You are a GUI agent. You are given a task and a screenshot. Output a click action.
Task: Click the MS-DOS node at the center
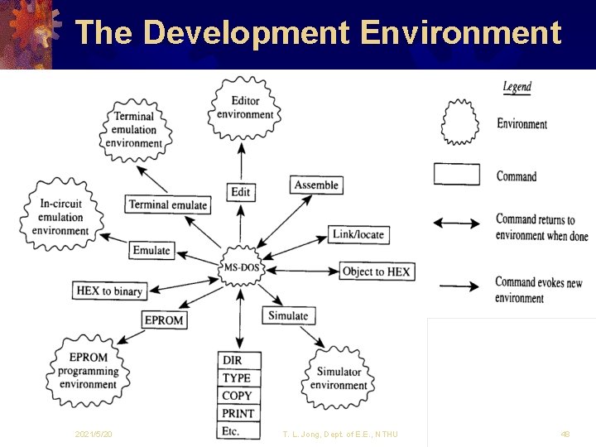(241, 267)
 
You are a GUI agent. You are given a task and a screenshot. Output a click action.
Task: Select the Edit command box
(240, 192)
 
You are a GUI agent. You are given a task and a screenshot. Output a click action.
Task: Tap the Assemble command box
(316, 185)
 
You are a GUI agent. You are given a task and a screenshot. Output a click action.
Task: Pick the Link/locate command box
(358, 234)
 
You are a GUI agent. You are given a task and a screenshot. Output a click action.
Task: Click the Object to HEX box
(376, 272)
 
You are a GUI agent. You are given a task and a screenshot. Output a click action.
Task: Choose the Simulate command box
(288, 315)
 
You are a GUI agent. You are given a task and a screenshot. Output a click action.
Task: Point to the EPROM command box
(164, 320)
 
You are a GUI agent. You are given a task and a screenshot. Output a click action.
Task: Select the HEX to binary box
(110, 291)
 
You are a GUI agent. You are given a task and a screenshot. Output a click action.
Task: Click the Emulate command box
(151, 250)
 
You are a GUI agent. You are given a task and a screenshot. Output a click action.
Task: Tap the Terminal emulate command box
(168, 204)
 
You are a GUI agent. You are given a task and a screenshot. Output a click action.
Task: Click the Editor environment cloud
(245, 108)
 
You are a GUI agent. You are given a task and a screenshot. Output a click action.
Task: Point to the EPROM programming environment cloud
(88, 371)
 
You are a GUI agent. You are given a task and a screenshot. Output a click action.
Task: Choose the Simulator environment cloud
(339, 378)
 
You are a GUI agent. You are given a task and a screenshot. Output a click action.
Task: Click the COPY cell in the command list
(238, 396)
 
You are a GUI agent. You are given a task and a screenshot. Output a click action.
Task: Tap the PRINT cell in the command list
(238, 413)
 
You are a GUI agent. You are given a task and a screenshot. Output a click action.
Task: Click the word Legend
(517, 87)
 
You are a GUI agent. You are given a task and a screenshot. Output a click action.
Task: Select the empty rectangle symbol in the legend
(457, 175)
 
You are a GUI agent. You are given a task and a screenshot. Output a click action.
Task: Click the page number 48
(565, 435)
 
